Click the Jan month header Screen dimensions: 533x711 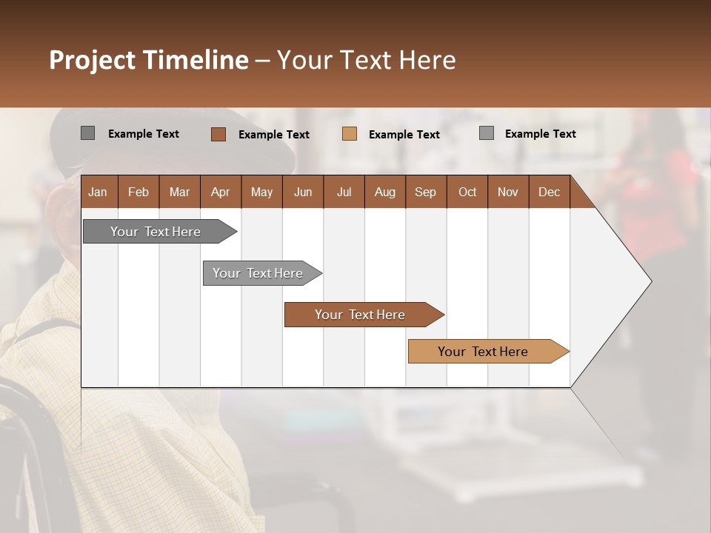[x=98, y=192]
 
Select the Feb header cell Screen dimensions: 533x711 [x=138, y=192]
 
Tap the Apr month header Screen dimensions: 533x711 [x=220, y=192]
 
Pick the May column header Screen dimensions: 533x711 [x=261, y=192]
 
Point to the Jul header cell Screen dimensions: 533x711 [x=344, y=192]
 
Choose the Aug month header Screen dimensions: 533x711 [x=384, y=192]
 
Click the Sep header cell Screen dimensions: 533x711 [x=425, y=192]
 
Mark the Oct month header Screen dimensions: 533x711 [x=467, y=192]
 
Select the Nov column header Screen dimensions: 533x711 [x=508, y=192]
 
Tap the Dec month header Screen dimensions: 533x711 [x=549, y=192]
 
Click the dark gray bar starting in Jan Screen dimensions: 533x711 [x=156, y=232]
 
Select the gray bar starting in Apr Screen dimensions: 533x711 [x=258, y=273]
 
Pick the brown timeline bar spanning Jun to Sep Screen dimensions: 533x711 [x=360, y=315]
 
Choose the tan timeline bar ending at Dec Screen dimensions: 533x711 [x=483, y=352]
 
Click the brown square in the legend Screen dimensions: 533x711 [x=218, y=134]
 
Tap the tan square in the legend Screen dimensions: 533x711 [x=350, y=134]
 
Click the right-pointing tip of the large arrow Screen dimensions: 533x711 [x=650, y=281]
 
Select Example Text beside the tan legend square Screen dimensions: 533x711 [x=404, y=135]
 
